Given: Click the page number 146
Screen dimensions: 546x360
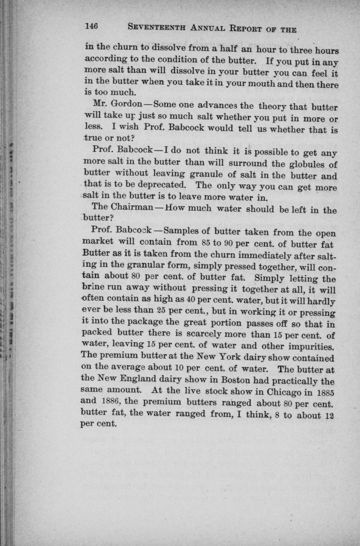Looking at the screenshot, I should [x=91, y=27].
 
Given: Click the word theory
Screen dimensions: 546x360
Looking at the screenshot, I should [x=273, y=106].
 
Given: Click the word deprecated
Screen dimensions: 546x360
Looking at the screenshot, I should [x=163, y=184].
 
